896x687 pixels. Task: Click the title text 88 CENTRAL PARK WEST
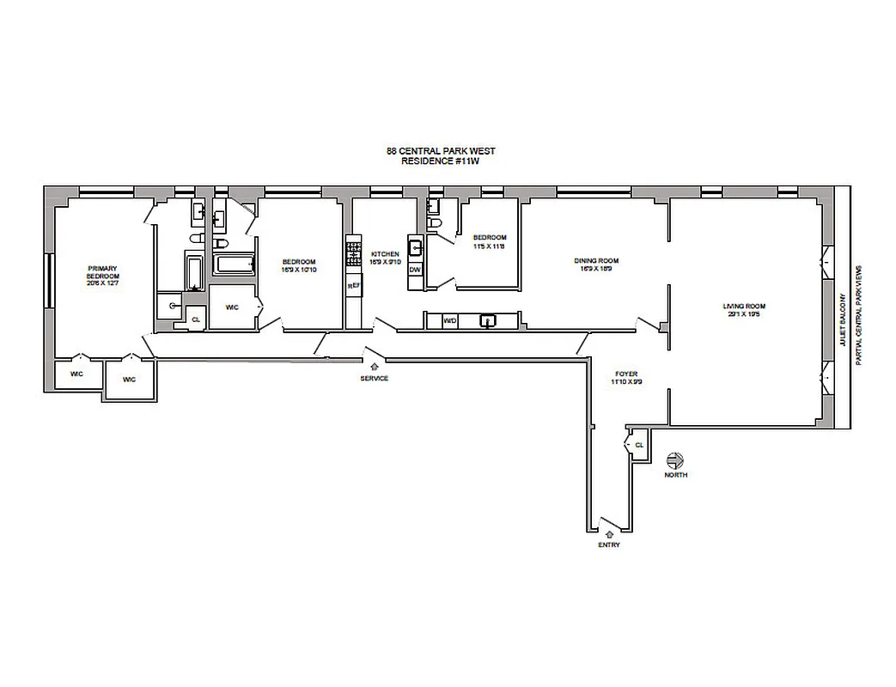(440, 151)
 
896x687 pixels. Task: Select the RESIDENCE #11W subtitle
(440, 161)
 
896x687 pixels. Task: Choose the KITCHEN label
(385, 258)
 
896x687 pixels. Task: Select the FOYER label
(625, 378)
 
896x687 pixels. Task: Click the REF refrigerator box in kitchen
(351, 285)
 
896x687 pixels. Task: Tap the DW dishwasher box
(415, 270)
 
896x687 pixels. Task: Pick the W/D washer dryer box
(449, 321)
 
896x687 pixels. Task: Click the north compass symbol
(674, 460)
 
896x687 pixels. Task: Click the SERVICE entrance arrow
(372, 368)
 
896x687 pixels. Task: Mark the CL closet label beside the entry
(639, 445)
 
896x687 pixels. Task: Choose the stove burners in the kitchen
(351, 252)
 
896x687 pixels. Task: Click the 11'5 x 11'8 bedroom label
(488, 242)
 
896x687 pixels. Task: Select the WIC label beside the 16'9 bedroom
(231, 307)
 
